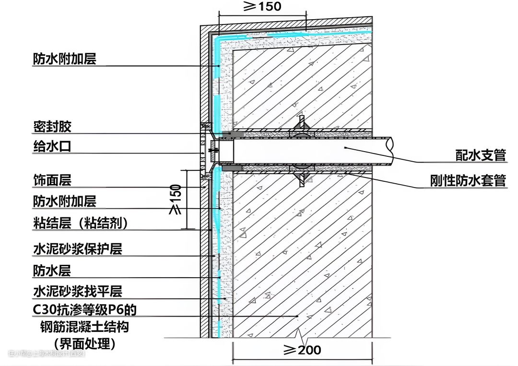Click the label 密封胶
(x=52, y=127)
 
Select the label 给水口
(x=52, y=146)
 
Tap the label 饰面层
(x=52, y=180)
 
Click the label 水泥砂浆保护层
(x=77, y=249)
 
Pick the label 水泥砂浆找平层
(x=77, y=291)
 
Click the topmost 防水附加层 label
(x=65, y=59)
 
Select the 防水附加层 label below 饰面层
(x=65, y=201)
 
